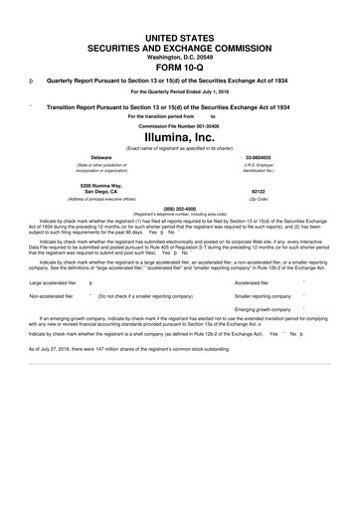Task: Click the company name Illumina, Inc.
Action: click(x=180, y=135)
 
